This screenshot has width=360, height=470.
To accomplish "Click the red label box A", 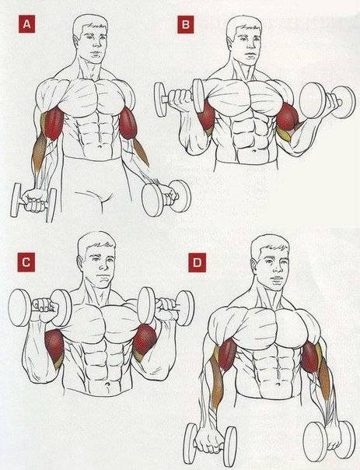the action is tap(27, 24).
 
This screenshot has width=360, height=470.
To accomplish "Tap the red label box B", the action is tap(185, 25).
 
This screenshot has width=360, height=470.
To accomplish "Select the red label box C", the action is tap(26, 262).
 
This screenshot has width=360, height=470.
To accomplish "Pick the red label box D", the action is tap(197, 262).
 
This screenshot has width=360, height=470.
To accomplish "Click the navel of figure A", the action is tap(100, 146).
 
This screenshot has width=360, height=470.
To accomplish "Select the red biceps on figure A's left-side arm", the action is tap(53, 124).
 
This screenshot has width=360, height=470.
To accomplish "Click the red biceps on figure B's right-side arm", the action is tap(287, 116).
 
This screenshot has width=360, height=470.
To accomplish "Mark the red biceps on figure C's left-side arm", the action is tap(54, 345).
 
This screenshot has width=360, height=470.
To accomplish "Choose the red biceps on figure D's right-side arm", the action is tap(309, 356).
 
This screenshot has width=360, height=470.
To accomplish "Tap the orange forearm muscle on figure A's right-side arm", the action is tap(140, 152).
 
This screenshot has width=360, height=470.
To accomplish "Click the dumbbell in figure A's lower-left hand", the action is tap(33, 202).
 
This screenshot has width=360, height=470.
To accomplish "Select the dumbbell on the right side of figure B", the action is tap(327, 101).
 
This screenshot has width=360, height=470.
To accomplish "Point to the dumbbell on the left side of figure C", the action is tap(39, 307).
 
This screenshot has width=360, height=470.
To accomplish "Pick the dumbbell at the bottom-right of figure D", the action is tap(329, 440).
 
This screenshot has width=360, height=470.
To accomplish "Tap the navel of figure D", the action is tap(278, 384).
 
